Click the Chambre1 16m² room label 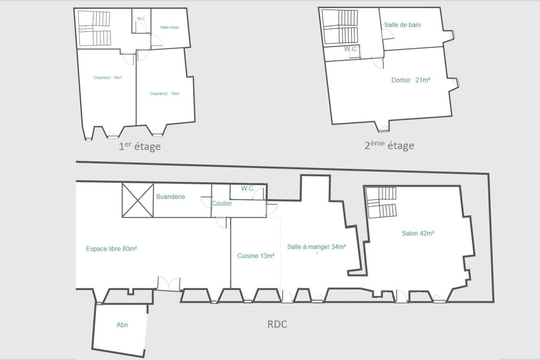[x=108, y=78]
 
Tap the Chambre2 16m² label [x=165, y=94]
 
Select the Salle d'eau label [x=170, y=27]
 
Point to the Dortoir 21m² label [x=411, y=80]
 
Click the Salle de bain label [x=402, y=25]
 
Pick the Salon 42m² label [x=418, y=233]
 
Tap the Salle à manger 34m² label [x=316, y=247]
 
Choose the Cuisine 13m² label [x=256, y=256]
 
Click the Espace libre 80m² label [x=111, y=249]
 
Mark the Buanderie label [x=170, y=197]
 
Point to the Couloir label [x=222, y=203]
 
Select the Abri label [x=122, y=325]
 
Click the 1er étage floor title [x=140, y=146]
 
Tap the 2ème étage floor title [x=389, y=145]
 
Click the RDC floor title [x=277, y=324]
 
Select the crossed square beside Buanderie [x=138, y=200]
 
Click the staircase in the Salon [x=381, y=203]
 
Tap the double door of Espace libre [x=168, y=283]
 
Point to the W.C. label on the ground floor [x=248, y=189]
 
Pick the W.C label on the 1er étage [x=141, y=19]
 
